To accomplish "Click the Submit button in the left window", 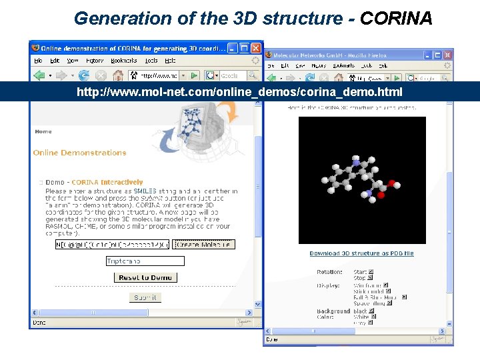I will click(145, 297).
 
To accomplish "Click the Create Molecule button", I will click(203, 245).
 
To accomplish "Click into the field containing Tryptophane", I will click(145, 261).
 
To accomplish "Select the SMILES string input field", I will click(112, 245).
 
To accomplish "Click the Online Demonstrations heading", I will click(79, 153).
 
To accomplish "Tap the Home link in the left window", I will click(43, 131).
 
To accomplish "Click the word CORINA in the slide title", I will click(396, 18).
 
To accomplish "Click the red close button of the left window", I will click(255, 48).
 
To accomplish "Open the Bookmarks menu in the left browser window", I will click(123, 61).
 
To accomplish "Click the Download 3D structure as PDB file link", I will click(361, 253).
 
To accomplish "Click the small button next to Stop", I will click(371, 278).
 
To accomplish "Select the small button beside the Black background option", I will click(371, 311).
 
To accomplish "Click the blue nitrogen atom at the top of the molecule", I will click(357, 161).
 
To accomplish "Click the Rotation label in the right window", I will click(329, 272).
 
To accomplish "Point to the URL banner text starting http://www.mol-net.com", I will click(239, 91).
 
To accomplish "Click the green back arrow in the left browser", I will click(41, 75).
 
